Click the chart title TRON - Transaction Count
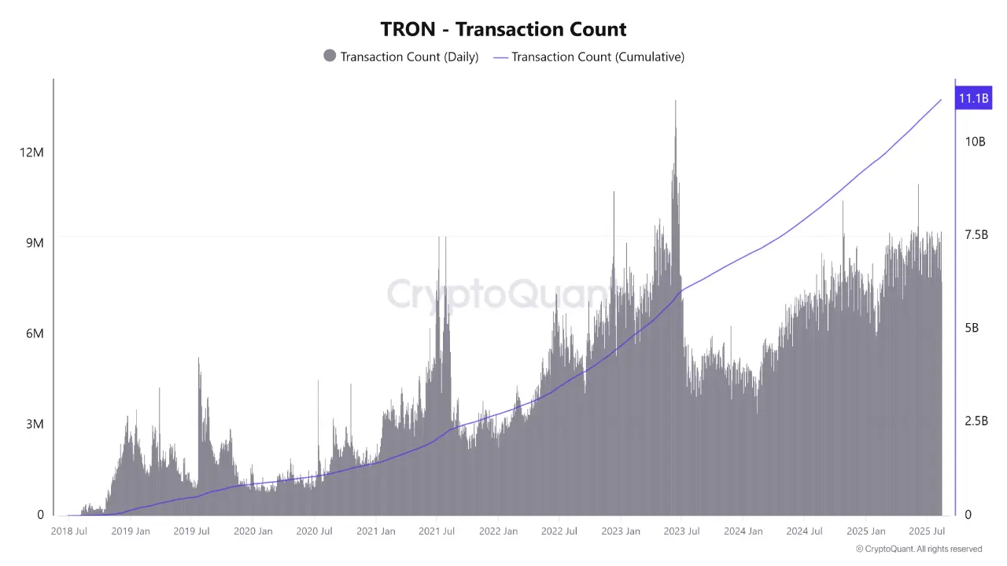tap(503, 30)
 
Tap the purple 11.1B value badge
tap(972, 98)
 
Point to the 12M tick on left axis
tap(31, 152)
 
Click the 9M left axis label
tap(35, 243)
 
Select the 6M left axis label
tap(35, 334)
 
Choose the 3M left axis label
tap(35, 424)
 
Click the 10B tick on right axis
tap(975, 141)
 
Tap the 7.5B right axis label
tap(976, 235)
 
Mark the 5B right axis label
tap(972, 328)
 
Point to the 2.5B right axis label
tap(976, 421)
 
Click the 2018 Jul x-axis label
tap(69, 531)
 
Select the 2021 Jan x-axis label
tap(376, 531)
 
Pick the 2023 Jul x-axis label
tap(681, 531)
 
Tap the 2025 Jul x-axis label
tap(926, 531)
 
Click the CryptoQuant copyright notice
tap(919, 549)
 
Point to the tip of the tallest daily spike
tap(675, 101)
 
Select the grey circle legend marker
tap(330, 56)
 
